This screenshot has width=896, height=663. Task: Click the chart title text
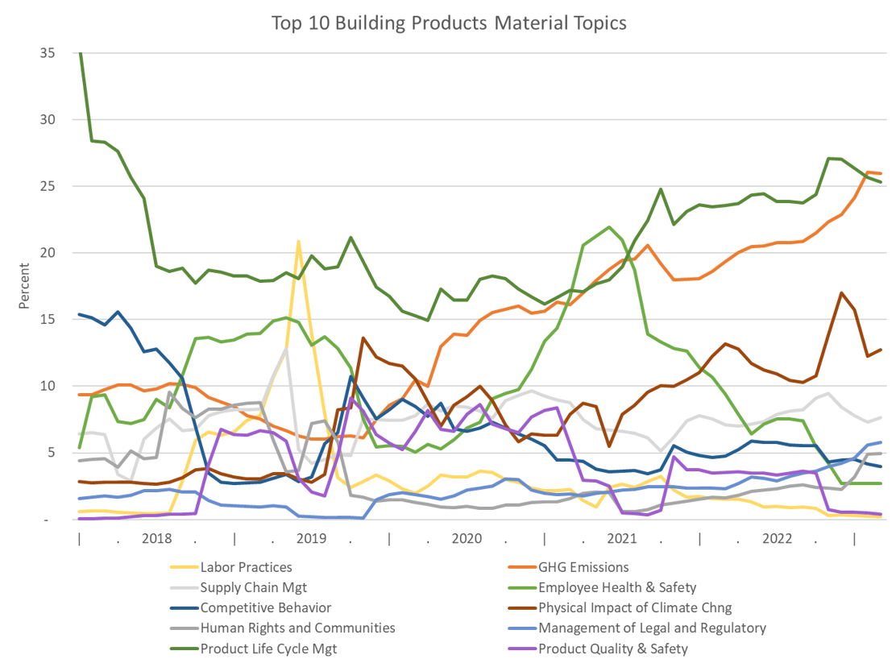click(x=448, y=23)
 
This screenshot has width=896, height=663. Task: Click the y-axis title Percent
click(x=26, y=286)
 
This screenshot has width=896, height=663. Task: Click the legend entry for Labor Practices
click(x=246, y=567)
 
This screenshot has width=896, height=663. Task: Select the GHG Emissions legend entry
click(x=583, y=567)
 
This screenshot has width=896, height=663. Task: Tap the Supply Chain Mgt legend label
click(x=253, y=587)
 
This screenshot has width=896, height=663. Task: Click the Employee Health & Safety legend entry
click(x=617, y=587)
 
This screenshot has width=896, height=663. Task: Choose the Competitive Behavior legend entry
click(x=265, y=607)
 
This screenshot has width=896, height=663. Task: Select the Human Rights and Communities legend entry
click(x=297, y=628)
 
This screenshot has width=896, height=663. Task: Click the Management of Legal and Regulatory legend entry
click(x=652, y=628)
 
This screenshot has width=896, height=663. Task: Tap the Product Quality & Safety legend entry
click(x=613, y=648)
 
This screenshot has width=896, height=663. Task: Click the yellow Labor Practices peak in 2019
click(x=299, y=241)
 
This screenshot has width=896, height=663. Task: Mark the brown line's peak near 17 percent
click(x=841, y=292)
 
